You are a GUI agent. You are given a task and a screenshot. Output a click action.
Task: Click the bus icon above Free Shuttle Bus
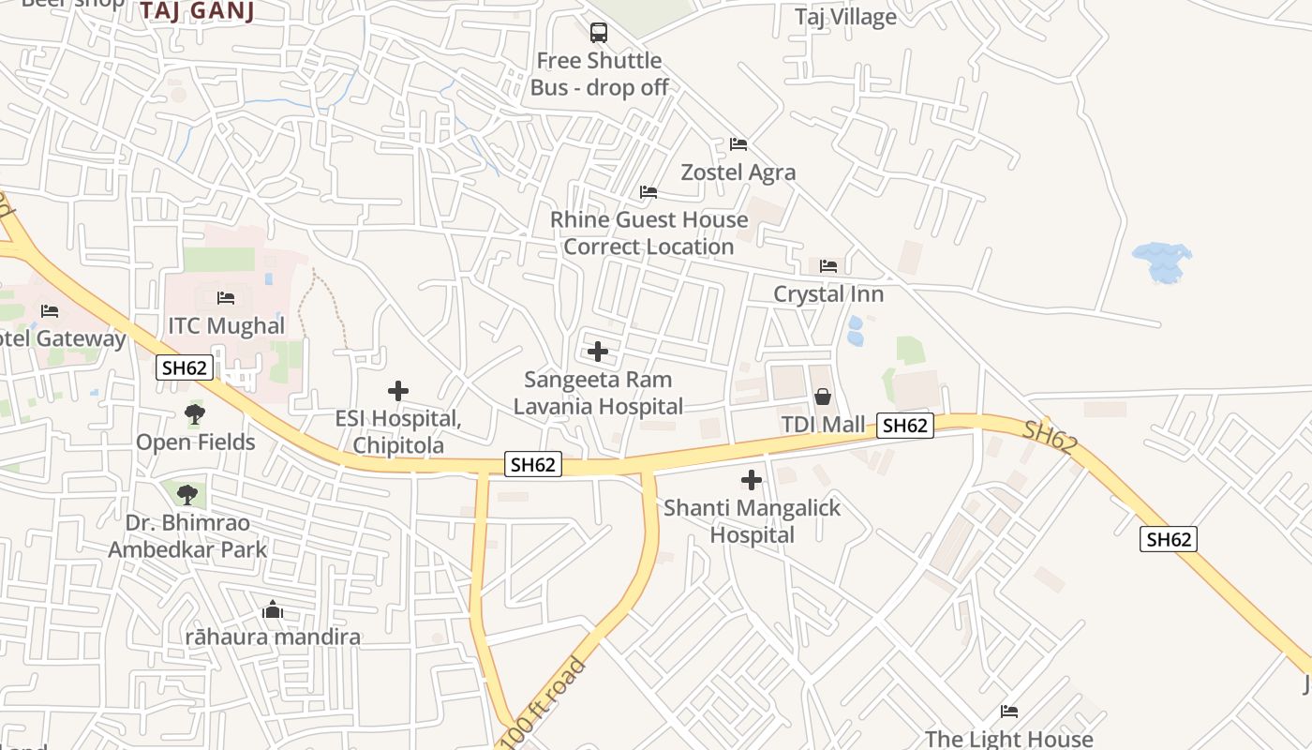click(x=598, y=33)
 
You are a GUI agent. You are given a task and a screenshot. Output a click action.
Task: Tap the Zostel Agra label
click(x=738, y=172)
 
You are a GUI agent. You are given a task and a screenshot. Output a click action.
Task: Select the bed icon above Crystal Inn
click(x=828, y=266)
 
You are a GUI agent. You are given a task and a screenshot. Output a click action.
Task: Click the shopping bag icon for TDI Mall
click(x=823, y=397)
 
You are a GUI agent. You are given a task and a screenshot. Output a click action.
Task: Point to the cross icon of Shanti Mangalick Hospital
click(x=752, y=480)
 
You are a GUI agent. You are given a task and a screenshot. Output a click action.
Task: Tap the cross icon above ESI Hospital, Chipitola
click(x=398, y=390)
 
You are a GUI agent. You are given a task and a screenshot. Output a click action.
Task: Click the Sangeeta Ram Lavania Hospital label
click(x=598, y=393)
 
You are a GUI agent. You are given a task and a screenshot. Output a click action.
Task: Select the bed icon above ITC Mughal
click(x=226, y=298)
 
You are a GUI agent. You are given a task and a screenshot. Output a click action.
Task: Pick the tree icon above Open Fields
click(x=195, y=413)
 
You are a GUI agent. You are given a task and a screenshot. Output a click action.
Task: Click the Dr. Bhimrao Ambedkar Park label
click(x=187, y=535)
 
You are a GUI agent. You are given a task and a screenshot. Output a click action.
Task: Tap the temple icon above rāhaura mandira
click(x=273, y=610)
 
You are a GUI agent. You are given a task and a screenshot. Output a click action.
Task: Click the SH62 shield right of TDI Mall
click(x=904, y=425)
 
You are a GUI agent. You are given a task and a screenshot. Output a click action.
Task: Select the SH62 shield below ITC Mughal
click(x=184, y=367)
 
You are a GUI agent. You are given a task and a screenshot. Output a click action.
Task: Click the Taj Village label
click(x=845, y=17)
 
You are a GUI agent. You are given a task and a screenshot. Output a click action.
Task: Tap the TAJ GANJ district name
click(x=198, y=11)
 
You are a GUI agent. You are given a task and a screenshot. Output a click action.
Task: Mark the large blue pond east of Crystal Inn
click(x=1162, y=261)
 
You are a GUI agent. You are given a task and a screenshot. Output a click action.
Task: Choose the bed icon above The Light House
click(x=1009, y=712)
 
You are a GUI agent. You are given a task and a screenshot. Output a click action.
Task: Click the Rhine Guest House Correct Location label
click(x=649, y=232)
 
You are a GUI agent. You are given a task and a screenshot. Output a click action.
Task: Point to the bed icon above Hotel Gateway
click(x=50, y=311)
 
